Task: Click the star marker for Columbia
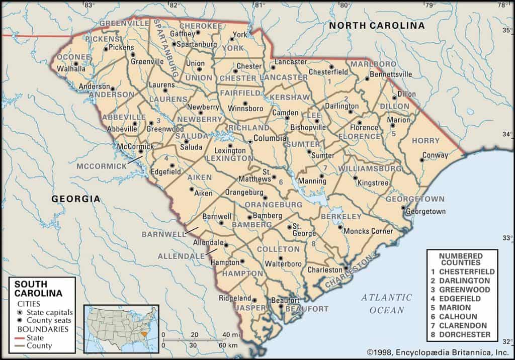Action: pos(249,142)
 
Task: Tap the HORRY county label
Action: pos(425,141)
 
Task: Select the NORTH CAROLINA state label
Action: pos(377,26)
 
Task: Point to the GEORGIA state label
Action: pos(76,199)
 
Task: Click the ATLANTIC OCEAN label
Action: pos(386,304)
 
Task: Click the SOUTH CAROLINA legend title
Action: pos(38,289)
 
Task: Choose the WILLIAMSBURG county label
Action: pos(370,168)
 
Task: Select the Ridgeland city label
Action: pos(234,298)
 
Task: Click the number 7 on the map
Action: pos(325,168)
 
